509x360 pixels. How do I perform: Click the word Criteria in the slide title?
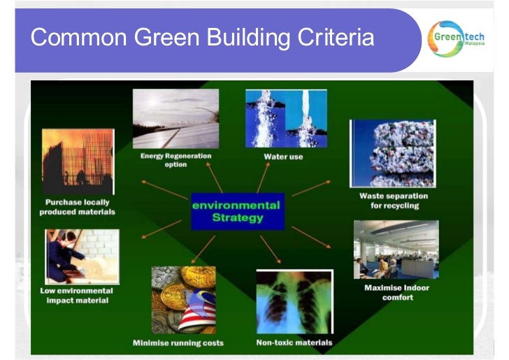tap(335, 37)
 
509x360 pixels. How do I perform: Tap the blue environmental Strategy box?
tap(237, 210)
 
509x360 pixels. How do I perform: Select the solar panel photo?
tap(175, 119)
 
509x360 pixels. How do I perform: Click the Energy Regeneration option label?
tap(175, 160)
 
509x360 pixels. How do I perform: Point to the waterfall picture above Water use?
tap(285, 119)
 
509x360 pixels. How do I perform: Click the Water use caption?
tap(283, 157)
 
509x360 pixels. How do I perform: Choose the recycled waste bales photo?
tap(393, 153)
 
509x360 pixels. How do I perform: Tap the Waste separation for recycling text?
tap(394, 201)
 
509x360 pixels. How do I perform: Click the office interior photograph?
tap(396, 250)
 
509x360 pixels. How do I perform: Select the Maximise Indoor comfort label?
tap(397, 292)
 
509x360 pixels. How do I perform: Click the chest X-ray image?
tap(294, 302)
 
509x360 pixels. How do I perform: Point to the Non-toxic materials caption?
tap(294, 343)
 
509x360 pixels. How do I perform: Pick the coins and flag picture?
tap(183, 300)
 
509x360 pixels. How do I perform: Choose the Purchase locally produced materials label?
tap(77, 207)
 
